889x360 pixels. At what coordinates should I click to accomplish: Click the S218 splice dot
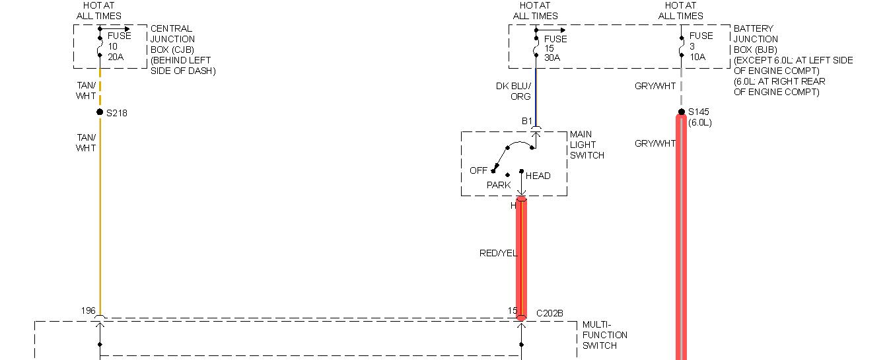[100, 112]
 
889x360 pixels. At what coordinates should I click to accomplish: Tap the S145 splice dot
[681, 112]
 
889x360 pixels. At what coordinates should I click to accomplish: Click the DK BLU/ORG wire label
[513, 91]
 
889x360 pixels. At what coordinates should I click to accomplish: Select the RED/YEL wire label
[498, 253]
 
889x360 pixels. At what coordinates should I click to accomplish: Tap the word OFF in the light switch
[478, 170]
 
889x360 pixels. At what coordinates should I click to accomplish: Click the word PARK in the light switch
[499, 185]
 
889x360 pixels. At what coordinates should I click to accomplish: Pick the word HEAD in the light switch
[538, 176]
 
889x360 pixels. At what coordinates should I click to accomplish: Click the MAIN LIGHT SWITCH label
[587, 145]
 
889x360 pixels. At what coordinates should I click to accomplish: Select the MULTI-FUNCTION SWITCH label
[604, 335]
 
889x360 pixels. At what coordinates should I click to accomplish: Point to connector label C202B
[550, 313]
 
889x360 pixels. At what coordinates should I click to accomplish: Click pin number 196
[89, 310]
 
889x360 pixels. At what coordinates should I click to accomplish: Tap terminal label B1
[527, 121]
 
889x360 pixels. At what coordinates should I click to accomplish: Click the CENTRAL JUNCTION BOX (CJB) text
[182, 50]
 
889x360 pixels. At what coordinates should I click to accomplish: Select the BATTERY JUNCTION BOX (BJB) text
[793, 60]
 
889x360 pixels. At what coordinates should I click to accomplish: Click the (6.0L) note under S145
[700, 123]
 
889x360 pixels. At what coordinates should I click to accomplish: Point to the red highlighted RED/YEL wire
[521, 277]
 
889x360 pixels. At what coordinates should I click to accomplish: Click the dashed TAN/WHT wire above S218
[100, 87]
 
